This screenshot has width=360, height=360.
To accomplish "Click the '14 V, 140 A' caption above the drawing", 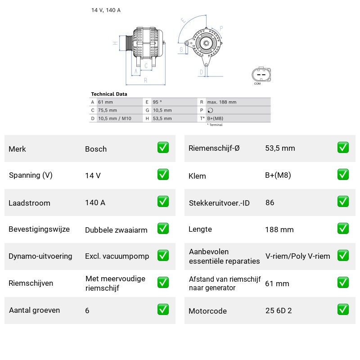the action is [106, 10].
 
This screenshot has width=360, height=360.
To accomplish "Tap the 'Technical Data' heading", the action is [109, 94].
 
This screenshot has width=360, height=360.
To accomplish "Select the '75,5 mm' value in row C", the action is [108, 110].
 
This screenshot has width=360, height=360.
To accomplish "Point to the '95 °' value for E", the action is [157, 102].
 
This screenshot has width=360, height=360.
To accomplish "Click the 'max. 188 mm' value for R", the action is [222, 102].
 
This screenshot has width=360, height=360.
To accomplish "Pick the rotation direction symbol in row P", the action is [210, 110].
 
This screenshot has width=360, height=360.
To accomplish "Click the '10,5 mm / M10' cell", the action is [115, 118].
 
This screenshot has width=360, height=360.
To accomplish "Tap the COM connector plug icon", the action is [261, 75].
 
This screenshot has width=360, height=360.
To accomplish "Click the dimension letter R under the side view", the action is [145, 81].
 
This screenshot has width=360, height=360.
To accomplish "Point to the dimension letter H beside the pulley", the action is [115, 43].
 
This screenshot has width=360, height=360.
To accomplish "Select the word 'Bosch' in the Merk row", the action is [96, 149].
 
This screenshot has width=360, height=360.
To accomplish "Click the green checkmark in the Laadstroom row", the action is [163, 201].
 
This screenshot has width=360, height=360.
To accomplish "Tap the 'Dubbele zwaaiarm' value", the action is [116, 230].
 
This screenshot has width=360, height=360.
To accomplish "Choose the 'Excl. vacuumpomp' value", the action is [117, 256].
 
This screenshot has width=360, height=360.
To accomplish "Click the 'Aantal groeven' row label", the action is [35, 310].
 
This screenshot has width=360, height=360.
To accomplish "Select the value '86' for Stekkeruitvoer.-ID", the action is [270, 202].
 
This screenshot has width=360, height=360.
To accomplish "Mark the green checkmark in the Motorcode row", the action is [343, 309].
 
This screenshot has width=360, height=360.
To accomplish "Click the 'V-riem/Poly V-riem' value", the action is [298, 256].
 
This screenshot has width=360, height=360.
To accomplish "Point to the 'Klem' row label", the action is [197, 176].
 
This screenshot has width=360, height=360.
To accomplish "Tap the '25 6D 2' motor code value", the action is [279, 310].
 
